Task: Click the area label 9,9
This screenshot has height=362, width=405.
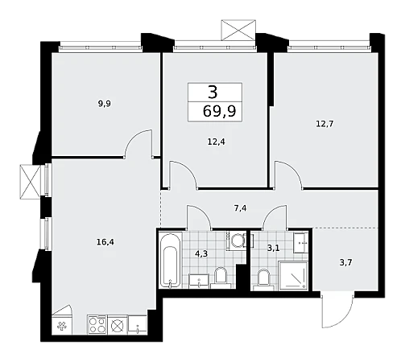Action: [105, 104]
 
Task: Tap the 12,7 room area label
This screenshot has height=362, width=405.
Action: [324, 124]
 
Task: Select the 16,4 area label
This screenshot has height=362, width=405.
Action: [105, 242]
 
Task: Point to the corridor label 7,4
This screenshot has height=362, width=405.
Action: [240, 208]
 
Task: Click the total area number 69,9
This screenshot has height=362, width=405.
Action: [219, 111]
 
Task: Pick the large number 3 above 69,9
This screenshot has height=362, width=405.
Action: [213, 92]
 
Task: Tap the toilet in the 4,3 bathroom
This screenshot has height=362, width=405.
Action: [221, 278]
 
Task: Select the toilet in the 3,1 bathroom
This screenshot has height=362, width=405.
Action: [263, 280]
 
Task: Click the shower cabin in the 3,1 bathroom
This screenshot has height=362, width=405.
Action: [293, 276]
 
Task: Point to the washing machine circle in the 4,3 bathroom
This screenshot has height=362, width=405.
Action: [237, 240]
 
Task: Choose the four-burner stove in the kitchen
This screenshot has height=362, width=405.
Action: [97, 325]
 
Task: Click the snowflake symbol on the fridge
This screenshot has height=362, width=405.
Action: [62, 327]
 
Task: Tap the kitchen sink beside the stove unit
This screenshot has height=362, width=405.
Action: [138, 325]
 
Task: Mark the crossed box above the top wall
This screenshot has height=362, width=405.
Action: [238, 30]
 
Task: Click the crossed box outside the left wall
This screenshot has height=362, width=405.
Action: [30, 182]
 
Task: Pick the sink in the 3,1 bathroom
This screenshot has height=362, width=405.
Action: [300, 243]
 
